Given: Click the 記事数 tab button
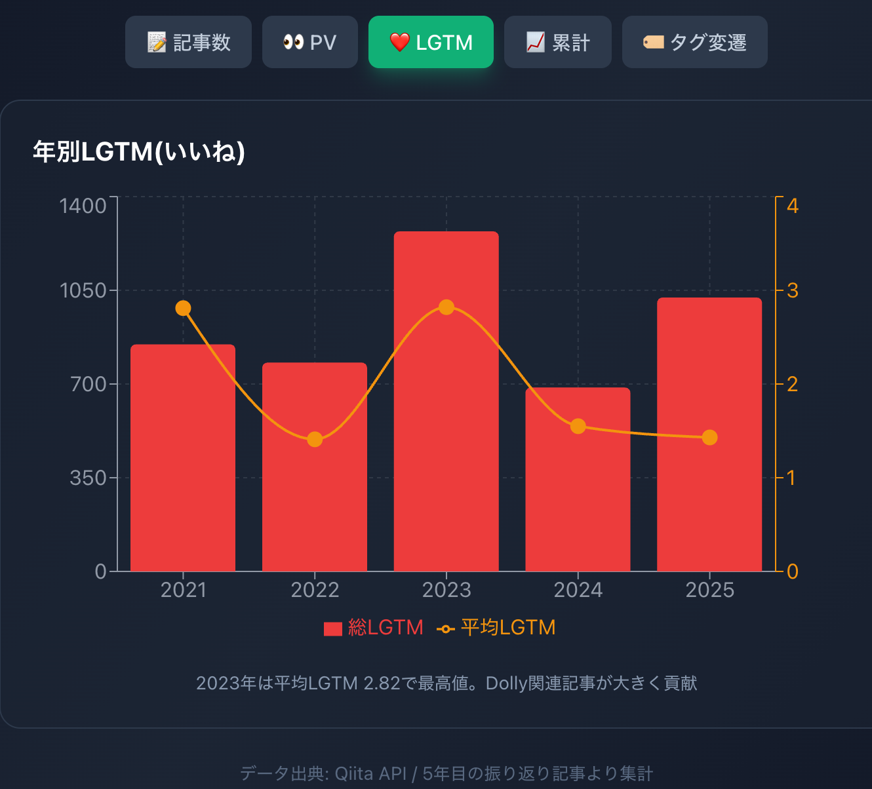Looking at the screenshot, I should pyautogui.click(x=188, y=43).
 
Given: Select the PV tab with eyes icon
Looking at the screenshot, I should pyautogui.click(x=309, y=43).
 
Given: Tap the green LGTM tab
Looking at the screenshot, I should pyautogui.click(x=431, y=43).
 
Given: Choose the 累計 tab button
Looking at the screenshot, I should pyautogui.click(x=557, y=43).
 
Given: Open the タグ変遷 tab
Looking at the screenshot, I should pyautogui.click(x=694, y=43).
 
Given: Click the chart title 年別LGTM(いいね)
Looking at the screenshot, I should pyautogui.click(x=139, y=152).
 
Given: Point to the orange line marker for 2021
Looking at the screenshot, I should pyautogui.click(x=184, y=308).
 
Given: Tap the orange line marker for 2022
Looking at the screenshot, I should pyautogui.click(x=315, y=439).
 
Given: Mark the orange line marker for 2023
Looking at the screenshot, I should pyautogui.click(x=446, y=307).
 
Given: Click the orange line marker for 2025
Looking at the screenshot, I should pyautogui.click(x=709, y=437).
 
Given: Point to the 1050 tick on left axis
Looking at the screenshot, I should pyautogui.click(x=83, y=290).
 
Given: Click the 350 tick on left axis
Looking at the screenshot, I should pyautogui.click(x=89, y=478).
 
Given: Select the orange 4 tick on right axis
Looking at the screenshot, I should pyautogui.click(x=793, y=206).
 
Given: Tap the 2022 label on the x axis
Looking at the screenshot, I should pyautogui.click(x=315, y=590).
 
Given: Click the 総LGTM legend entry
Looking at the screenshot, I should pyautogui.click(x=374, y=628).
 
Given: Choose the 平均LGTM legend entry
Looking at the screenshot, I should pyautogui.click(x=496, y=628).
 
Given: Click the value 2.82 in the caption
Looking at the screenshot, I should pyautogui.click(x=382, y=683).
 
